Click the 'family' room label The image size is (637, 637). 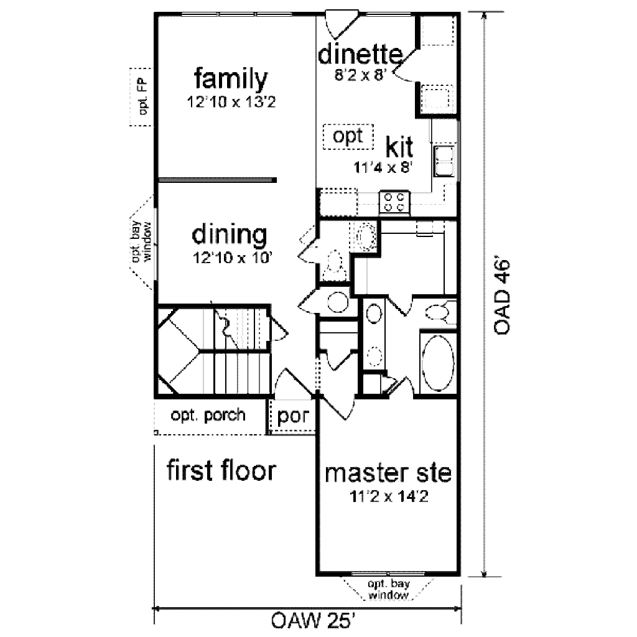tap(231, 79)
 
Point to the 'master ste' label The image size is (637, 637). tap(390, 474)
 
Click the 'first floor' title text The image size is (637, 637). tap(220, 471)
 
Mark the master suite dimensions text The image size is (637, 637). tap(391, 496)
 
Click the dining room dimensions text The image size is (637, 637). tap(230, 257)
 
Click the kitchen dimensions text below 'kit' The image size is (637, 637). tap(384, 167)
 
